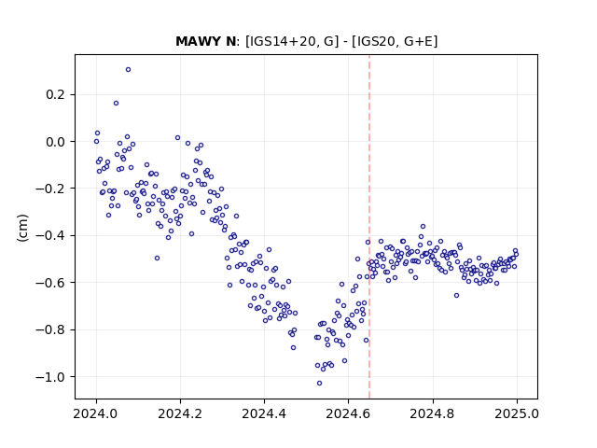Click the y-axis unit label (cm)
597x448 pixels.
(x=22, y=228)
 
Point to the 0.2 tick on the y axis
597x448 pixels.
(x=55, y=94)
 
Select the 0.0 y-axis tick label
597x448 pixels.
(x=55, y=142)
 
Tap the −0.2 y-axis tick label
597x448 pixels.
(x=50, y=189)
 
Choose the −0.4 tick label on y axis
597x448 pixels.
(x=50, y=236)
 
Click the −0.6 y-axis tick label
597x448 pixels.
(x=50, y=283)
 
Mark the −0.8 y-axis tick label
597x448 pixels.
(x=50, y=329)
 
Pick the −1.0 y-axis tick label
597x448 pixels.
(x=50, y=377)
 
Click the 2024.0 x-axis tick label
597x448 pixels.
(x=96, y=413)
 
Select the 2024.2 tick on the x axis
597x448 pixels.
(x=180, y=413)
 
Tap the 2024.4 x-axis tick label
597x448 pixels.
(x=264, y=413)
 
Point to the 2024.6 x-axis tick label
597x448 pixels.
(x=348, y=413)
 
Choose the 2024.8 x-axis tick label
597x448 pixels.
(x=433, y=413)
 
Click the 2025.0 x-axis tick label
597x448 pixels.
(x=517, y=413)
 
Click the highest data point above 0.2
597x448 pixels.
(x=129, y=70)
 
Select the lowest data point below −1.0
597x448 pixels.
(x=319, y=384)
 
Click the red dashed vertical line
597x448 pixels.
(x=369, y=227)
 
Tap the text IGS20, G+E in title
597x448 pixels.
(x=395, y=41)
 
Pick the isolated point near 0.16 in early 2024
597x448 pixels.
(x=116, y=104)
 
